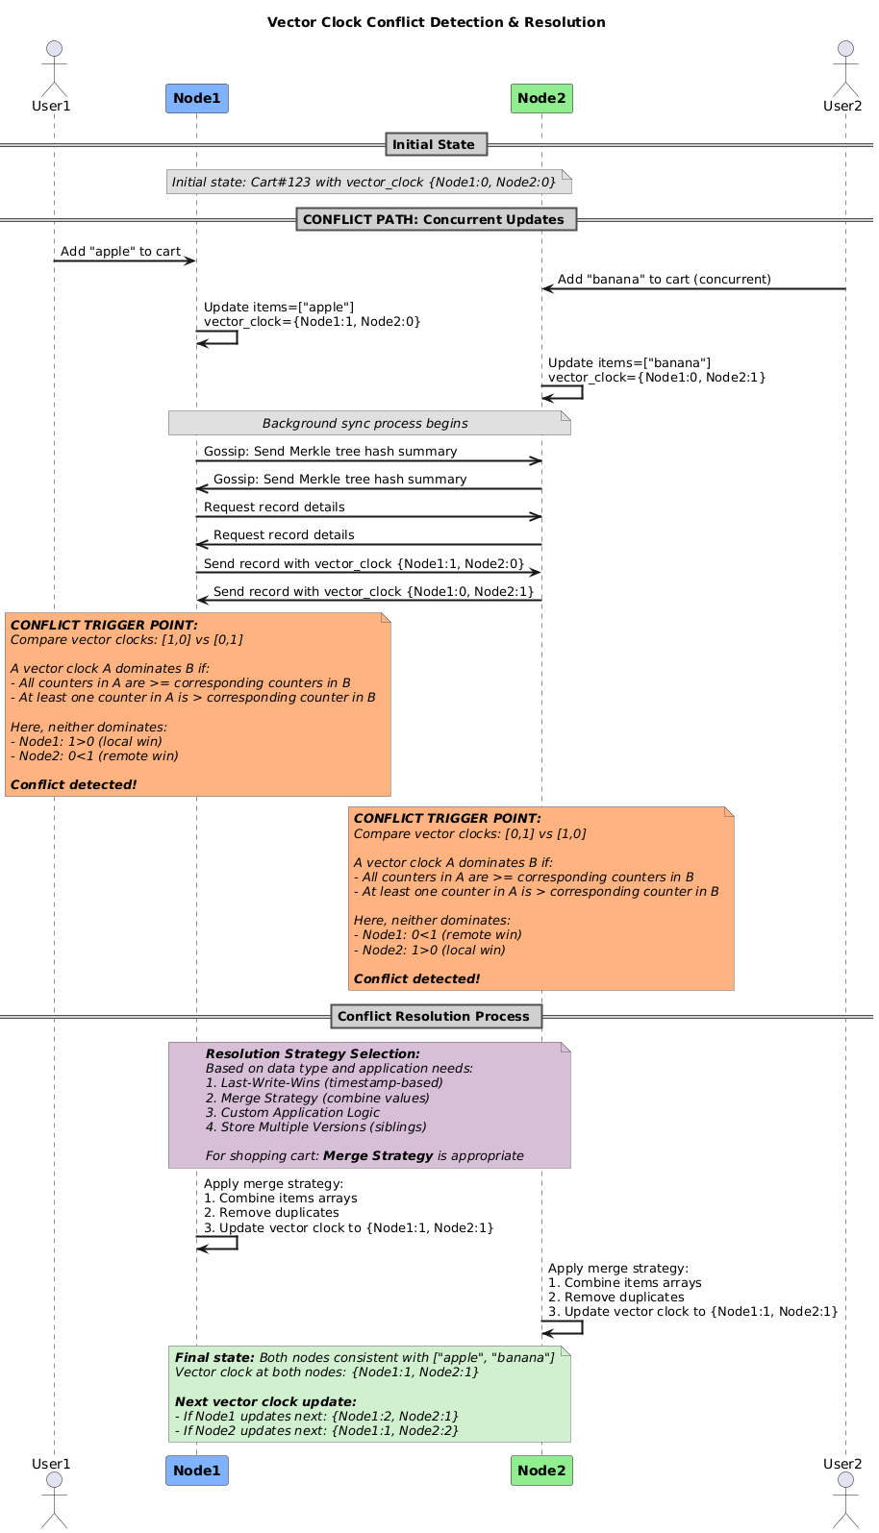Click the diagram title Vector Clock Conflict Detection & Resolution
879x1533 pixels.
tap(436, 22)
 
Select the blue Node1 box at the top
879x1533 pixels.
tap(197, 99)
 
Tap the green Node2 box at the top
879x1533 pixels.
tap(541, 99)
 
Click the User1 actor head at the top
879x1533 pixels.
tap(54, 49)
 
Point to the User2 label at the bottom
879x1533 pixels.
tap(842, 1463)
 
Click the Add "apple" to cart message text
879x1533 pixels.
tap(120, 251)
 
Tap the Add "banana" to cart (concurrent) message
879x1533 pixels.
tap(664, 280)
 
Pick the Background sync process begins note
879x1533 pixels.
tap(369, 423)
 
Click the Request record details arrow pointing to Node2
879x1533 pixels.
tap(369, 517)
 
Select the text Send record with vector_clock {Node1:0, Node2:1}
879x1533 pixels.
tap(373, 591)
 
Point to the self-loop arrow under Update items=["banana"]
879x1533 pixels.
tap(582, 392)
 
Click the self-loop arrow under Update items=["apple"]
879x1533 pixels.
tap(237, 336)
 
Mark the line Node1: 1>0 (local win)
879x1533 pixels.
tap(87, 741)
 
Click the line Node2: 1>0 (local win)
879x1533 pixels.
tap(430, 950)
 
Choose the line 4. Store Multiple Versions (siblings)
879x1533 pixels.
tap(315, 1126)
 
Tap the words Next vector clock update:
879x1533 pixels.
tap(265, 1401)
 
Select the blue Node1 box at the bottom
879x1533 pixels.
tap(197, 1471)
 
